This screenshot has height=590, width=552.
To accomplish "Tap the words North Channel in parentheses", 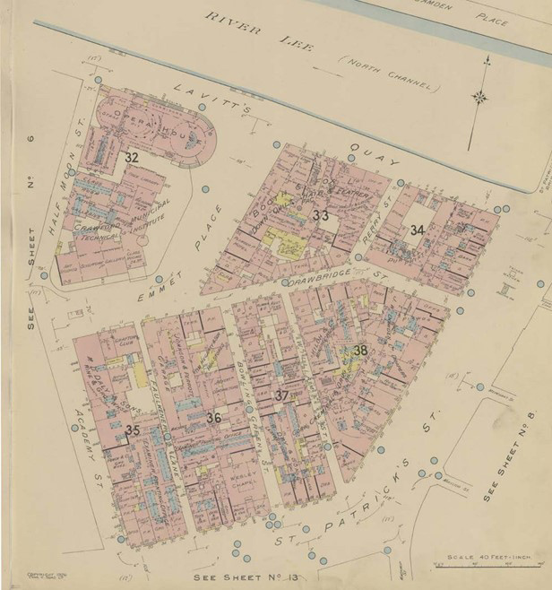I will [389, 74].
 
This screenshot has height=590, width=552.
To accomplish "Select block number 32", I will [132, 157].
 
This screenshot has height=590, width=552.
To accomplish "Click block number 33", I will [321, 215].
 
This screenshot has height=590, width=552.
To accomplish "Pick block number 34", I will [417, 230].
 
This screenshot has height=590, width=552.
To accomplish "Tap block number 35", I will [133, 430].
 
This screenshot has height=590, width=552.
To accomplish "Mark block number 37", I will [281, 395].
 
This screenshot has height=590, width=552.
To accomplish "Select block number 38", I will [360, 351].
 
